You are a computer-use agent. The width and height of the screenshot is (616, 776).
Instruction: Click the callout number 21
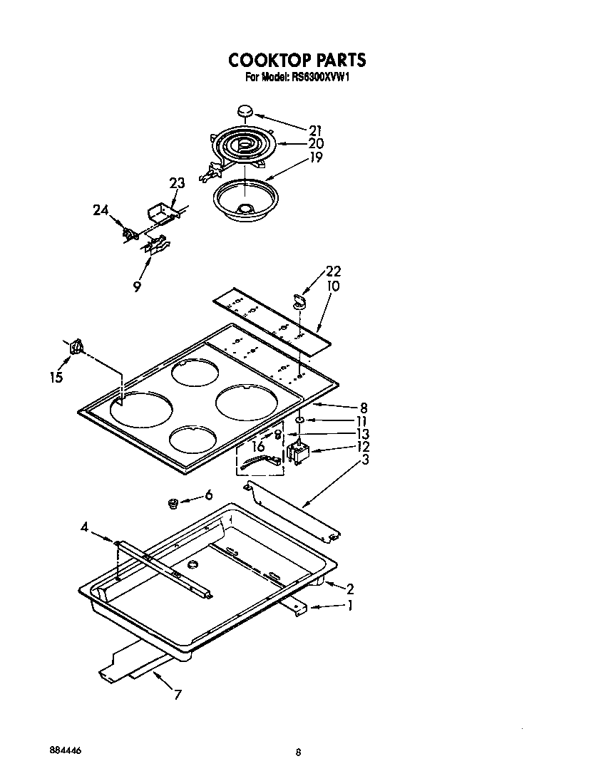tap(316, 130)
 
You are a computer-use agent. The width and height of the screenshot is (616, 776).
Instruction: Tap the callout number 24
tap(101, 210)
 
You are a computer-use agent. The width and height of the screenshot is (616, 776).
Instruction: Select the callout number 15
tap(56, 378)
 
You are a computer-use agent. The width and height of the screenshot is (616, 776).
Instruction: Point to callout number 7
tap(178, 695)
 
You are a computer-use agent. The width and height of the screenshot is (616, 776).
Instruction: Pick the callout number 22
tap(333, 271)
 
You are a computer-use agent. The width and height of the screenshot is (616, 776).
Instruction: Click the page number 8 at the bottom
tap(299, 752)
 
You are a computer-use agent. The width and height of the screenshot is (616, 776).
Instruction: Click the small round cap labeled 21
tap(245, 111)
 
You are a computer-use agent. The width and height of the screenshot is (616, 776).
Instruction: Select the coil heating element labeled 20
tap(241, 147)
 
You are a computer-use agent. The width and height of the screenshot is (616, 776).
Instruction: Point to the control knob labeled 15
tap(77, 347)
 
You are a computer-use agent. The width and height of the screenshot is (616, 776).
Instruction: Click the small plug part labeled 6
tap(172, 505)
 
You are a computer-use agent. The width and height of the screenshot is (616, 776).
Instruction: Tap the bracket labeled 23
tap(160, 212)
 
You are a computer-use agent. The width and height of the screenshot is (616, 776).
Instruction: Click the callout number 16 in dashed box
tap(258, 446)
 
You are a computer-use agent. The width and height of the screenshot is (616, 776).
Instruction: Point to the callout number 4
tap(84, 528)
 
